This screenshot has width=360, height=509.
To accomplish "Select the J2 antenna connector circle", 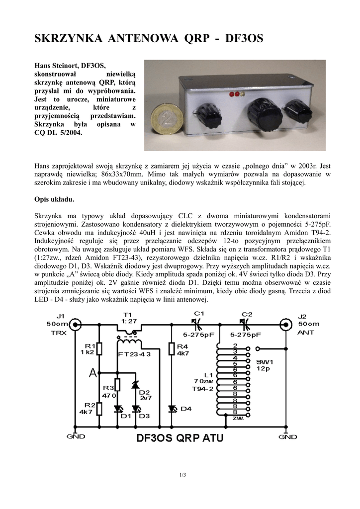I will click(285, 325).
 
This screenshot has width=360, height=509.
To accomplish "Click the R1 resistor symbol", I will click(100, 348).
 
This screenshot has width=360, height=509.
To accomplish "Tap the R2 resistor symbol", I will click(100, 409).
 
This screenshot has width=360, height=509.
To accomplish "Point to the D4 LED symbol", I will click(172, 409).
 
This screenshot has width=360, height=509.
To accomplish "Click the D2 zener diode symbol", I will click(135, 384).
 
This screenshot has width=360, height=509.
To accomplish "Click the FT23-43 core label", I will click(132, 354).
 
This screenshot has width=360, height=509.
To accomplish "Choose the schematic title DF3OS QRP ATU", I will click(180, 438).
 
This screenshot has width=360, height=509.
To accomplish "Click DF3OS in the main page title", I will click(244, 39).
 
